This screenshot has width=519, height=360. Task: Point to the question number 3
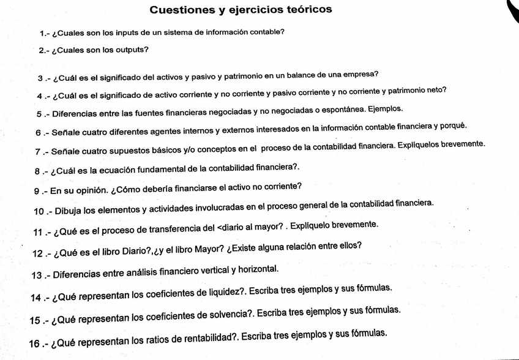pyautogui.click(x=40, y=79)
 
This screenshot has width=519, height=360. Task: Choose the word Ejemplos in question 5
pyautogui.click(x=384, y=108)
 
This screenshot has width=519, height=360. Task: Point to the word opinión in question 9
pyautogui.click(x=89, y=190)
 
